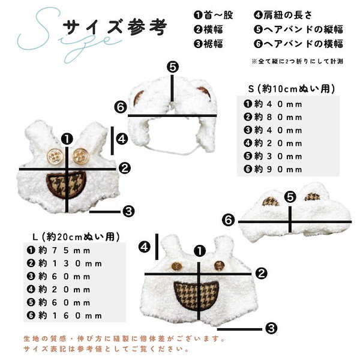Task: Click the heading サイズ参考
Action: [115, 26]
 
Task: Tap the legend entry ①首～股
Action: [213, 15]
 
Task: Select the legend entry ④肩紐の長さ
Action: [283, 15]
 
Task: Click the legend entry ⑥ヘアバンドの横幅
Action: [298, 44]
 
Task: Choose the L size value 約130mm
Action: [64, 263]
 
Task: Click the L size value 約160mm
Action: [64, 316]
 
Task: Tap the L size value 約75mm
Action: [58, 250]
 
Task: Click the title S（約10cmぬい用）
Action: [292, 89]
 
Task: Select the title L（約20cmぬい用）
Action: [76, 237]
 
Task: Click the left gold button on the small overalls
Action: [55, 157]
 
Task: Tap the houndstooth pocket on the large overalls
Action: [196, 296]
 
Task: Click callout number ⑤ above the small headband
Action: [173, 67]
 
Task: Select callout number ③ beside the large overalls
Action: [271, 328]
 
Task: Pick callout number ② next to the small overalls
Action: [125, 168]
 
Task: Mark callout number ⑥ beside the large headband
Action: [228, 220]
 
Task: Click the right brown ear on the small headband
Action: [205, 92]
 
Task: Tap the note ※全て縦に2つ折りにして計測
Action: [298, 61]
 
